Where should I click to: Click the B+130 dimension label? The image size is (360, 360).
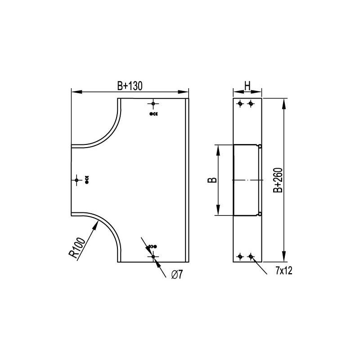click(130, 86)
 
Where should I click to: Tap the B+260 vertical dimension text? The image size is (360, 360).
click(278, 180)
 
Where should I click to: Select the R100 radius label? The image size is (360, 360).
click(77, 248)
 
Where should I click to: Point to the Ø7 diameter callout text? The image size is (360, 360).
click(177, 274)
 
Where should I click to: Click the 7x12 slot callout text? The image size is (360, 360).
click(284, 271)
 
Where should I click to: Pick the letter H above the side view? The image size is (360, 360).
click(247, 86)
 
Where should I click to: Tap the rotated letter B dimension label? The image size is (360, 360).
click(212, 180)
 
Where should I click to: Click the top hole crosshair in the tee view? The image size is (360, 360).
click(153, 104)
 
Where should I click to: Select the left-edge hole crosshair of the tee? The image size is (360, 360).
click(76, 180)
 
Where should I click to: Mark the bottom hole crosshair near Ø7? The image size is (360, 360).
click(153, 256)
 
